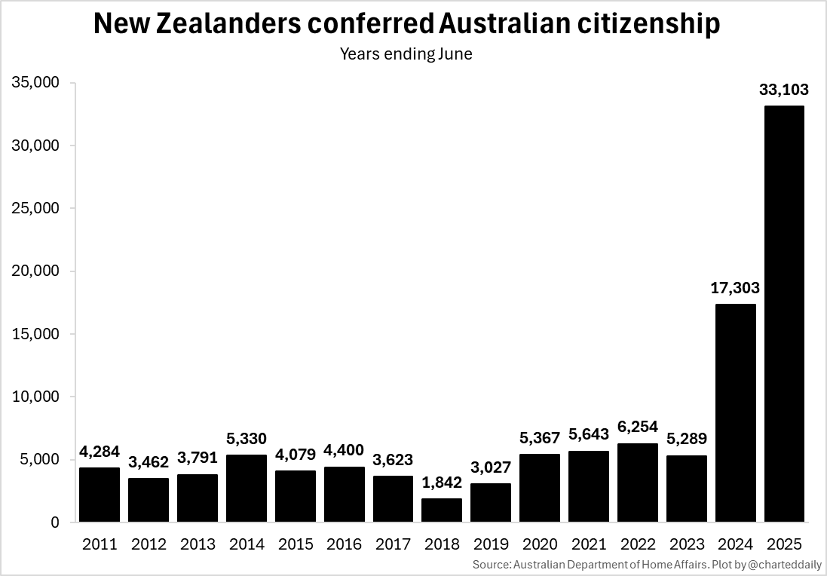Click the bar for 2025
[784, 314]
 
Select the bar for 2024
[735, 412]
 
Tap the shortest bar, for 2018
[442, 510]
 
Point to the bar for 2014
[246, 488]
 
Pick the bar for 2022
[638, 483]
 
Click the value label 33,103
[784, 90]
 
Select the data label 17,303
[735, 288]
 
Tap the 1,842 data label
[442, 483]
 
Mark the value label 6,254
[638, 427]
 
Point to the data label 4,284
[100, 452]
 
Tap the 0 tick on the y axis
[55, 522]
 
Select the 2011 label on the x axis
[100, 544]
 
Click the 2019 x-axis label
[491, 544]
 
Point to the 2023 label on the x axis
[686, 544]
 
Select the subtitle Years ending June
[406, 54]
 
